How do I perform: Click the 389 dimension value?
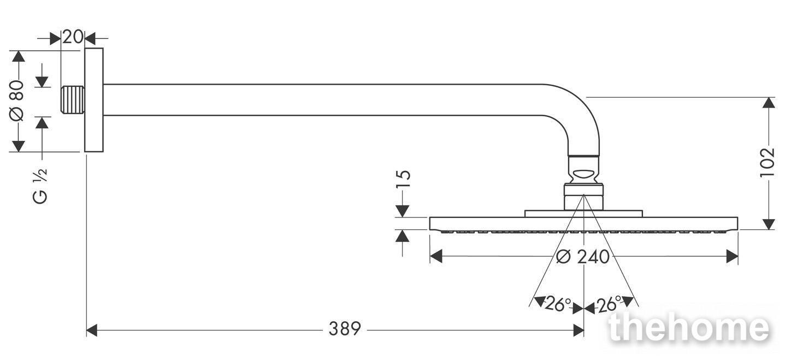[x=345, y=329]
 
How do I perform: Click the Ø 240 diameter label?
[x=583, y=257]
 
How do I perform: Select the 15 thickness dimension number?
[x=404, y=180]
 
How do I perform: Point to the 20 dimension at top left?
[x=73, y=37]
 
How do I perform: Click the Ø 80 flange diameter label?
[x=17, y=101]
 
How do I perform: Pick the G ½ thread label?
[x=40, y=185]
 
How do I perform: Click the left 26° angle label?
[x=558, y=304]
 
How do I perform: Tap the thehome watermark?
[x=689, y=328]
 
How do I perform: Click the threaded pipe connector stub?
[x=73, y=100]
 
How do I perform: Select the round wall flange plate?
[x=94, y=100]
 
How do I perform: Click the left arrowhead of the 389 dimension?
[x=91, y=330]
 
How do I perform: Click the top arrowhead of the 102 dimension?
[x=769, y=103]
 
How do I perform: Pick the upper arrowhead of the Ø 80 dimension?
[x=19, y=56]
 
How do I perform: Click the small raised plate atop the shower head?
[x=583, y=214]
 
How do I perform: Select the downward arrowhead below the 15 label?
[x=402, y=211]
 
